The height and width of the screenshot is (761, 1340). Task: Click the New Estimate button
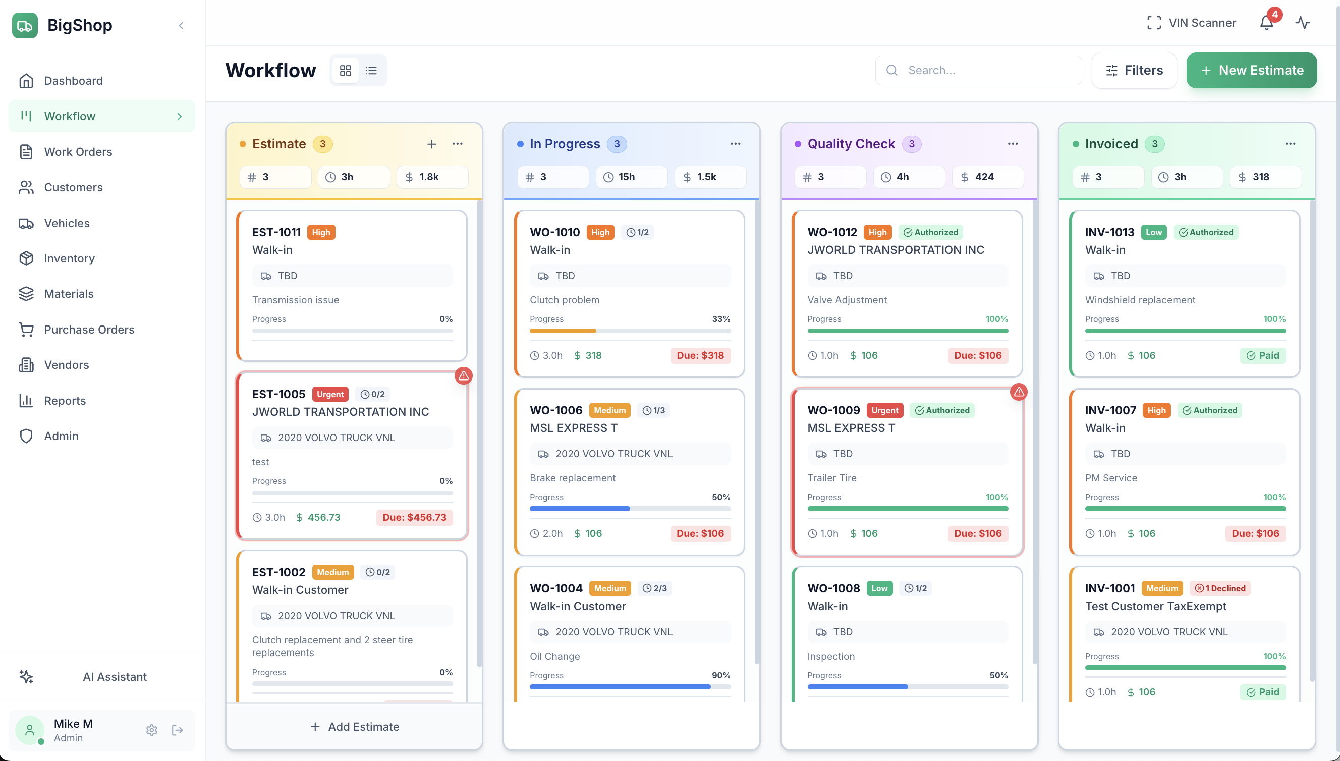point(1251,70)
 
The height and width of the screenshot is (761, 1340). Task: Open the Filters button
point(1134,70)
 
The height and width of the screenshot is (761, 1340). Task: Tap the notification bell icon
point(1266,23)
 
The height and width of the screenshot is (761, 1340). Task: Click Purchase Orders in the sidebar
point(89,329)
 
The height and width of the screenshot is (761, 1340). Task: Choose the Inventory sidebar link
point(69,258)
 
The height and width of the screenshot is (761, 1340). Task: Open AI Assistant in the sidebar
point(115,676)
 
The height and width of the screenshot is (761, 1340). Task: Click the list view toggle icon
point(371,70)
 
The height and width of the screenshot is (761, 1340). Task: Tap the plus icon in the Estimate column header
point(431,144)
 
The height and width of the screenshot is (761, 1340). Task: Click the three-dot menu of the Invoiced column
point(1290,144)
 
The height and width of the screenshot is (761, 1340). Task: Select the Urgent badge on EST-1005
point(330,394)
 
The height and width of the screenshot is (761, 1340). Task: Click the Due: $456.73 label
point(414,517)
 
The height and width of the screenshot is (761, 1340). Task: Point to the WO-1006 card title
point(556,410)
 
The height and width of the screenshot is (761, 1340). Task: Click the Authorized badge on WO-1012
point(930,232)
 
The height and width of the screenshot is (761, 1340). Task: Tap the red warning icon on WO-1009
point(1018,392)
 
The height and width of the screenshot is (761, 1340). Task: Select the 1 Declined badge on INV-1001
point(1220,588)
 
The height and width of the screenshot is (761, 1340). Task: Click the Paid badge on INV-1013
point(1263,355)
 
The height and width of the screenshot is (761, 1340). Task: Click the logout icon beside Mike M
point(178,730)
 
